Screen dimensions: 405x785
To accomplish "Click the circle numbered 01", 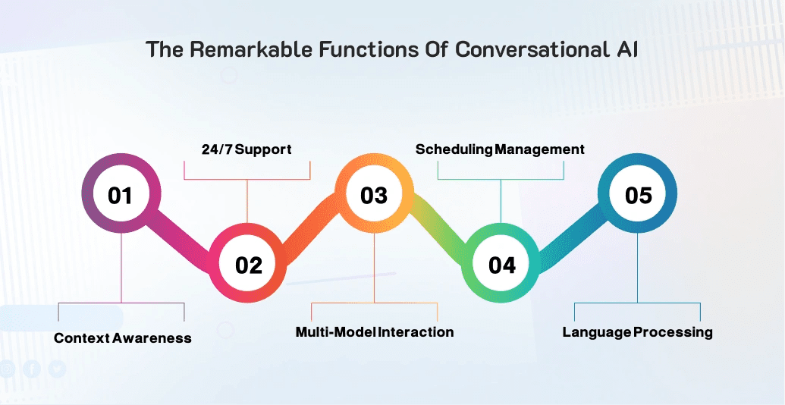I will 120,195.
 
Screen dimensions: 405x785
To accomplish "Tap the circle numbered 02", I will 248,265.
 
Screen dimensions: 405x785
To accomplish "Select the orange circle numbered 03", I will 374,195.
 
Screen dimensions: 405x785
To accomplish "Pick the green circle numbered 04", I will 501,265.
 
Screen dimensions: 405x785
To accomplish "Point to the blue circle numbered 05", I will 638,195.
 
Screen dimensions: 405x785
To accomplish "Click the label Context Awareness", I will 123,337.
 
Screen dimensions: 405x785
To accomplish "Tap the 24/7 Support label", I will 246,149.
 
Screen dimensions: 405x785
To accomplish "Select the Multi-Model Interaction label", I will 375,332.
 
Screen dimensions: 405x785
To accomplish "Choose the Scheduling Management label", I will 500,149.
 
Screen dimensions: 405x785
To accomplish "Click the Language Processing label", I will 637,332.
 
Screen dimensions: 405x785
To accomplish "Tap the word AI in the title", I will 626,50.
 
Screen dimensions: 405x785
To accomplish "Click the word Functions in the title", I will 354,50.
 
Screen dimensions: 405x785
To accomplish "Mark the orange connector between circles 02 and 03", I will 311,228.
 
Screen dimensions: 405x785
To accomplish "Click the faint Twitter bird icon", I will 57,369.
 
